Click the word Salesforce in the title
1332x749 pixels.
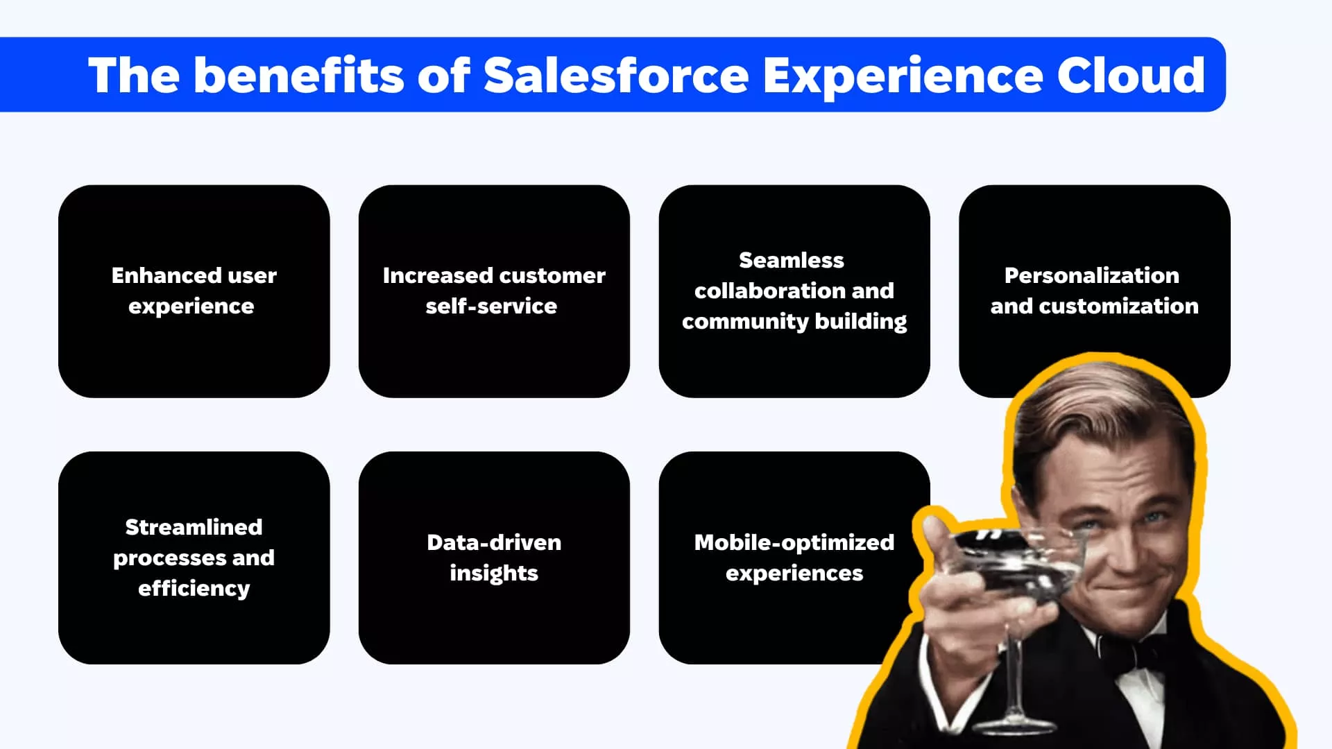pos(616,75)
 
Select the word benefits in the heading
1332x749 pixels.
pos(298,75)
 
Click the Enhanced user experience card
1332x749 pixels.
pos(194,291)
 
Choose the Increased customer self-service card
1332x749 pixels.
pos(494,291)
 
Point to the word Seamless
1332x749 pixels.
pos(792,260)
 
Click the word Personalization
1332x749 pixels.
pos(1092,275)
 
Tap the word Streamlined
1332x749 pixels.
pos(194,527)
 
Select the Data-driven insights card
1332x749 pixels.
pos(494,558)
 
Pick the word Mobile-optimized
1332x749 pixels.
pos(794,542)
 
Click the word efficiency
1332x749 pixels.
pos(194,589)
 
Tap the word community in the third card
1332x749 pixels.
pos(745,322)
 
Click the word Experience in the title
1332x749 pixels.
pos(903,76)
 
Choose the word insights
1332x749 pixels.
pos(494,574)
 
